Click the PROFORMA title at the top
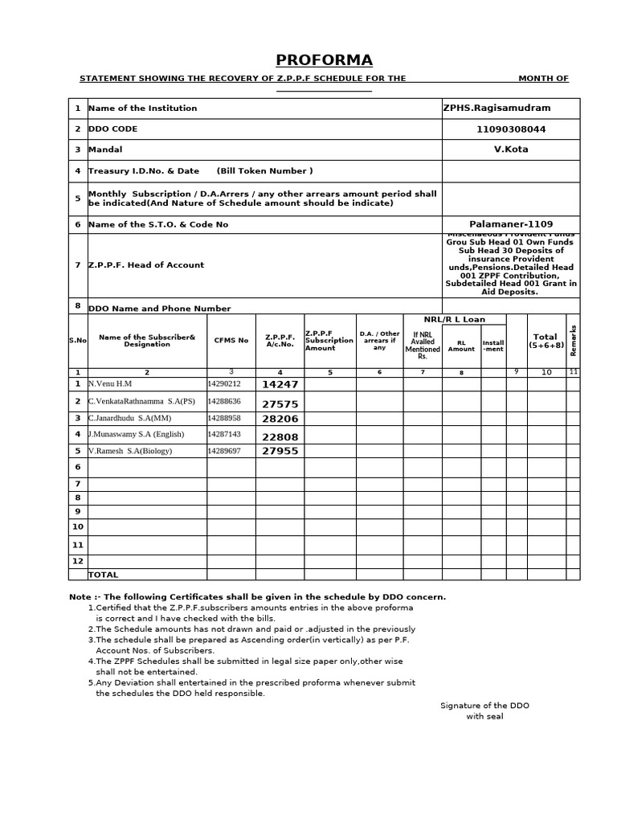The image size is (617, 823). [x=324, y=60]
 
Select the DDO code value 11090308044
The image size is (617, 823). [x=510, y=129]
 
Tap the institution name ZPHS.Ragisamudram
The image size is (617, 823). [x=496, y=108]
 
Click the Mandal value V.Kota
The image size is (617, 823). [x=511, y=149]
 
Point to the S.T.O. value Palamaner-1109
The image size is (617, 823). [x=511, y=224]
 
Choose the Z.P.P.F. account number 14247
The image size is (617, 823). [x=280, y=385]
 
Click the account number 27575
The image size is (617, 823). [x=280, y=404]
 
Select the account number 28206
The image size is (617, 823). [x=280, y=420]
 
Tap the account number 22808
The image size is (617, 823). [x=280, y=436]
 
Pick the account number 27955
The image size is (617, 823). [x=280, y=452]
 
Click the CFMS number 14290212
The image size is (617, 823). [x=224, y=384]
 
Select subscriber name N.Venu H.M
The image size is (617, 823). [x=109, y=384]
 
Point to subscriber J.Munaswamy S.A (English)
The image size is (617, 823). [x=136, y=434]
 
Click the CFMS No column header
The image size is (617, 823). [x=231, y=341]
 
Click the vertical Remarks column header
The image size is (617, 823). [x=573, y=340]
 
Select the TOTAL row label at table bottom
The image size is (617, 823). [x=103, y=575]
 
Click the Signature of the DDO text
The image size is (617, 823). [x=484, y=706]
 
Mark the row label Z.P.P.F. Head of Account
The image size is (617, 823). [x=145, y=265]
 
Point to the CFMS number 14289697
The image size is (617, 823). [x=224, y=451]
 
